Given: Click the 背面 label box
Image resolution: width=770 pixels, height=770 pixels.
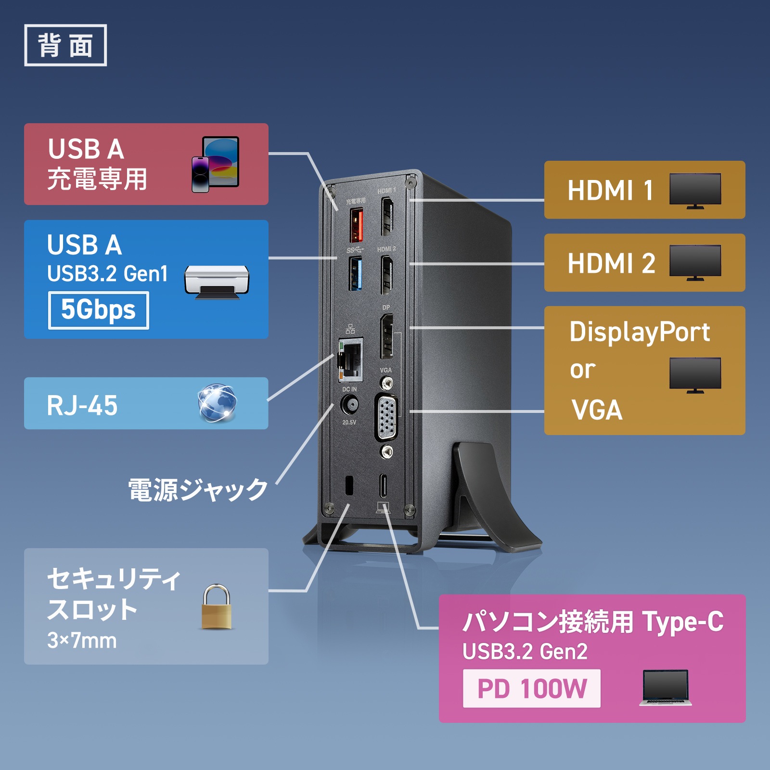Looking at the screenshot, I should pyautogui.click(x=65, y=45).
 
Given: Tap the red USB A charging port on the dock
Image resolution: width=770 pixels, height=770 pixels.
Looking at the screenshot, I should pyautogui.click(x=356, y=225).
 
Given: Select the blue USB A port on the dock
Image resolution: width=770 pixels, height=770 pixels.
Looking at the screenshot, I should pyautogui.click(x=356, y=273).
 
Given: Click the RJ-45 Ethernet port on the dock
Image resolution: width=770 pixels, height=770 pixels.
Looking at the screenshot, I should pyautogui.click(x=350, y=359).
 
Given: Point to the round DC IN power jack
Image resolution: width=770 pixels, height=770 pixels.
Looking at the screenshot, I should pyautogui.click(x=349, y=404).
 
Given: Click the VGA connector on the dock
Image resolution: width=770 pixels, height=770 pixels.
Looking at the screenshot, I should pyautogui.click(x=386, y=417).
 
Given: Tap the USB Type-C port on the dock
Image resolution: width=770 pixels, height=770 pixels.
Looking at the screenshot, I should pyautogui.click(x=384, y=486).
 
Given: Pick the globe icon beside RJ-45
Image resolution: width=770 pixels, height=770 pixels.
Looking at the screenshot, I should pyautogui.click(x=217, y=403).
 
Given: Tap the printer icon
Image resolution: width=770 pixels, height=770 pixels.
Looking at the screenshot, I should pyautogui.click(x=217, y=282).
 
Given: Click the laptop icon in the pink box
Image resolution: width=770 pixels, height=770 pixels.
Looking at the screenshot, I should pyautogui.click(x=666, y=688).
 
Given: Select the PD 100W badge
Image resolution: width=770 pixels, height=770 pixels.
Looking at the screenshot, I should pyautogui.click(x=531, y=688).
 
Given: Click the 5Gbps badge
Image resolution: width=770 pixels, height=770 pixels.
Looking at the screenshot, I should pyautogui.click(x=98, y=310).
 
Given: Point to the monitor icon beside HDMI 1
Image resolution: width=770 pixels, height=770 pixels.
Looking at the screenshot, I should pyautogui.click(x=695, y=191).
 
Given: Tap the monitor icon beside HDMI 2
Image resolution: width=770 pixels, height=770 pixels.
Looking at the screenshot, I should pyautogui.click(x=695, y=263).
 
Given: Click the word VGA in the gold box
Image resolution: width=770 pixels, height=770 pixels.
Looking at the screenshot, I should pyautogui.click(x=597, y=410).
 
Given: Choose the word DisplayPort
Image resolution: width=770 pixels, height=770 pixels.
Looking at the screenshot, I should pyautogui.click(x=640, y=332).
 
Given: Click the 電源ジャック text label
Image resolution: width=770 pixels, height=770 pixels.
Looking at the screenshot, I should pyautogui.click(x=198, y=490).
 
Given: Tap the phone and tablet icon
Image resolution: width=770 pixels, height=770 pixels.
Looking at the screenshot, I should pyautogui.click(x=216, y=164).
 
